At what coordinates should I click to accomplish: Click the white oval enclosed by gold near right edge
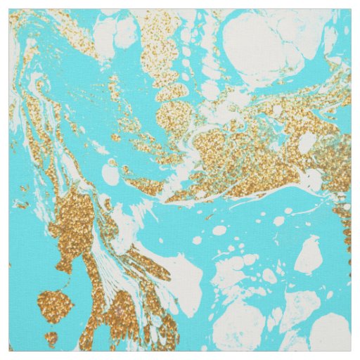307,143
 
